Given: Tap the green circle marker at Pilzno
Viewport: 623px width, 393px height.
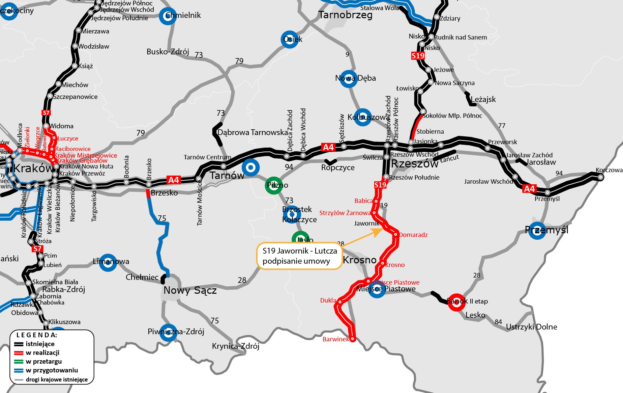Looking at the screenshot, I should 274,185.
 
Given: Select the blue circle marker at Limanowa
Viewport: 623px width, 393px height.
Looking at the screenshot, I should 108,262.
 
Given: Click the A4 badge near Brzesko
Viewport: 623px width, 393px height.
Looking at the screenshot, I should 174,180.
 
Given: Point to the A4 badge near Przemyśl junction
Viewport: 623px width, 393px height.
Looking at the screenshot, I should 529,189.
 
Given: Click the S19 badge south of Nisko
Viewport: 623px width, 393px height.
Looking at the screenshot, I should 418,56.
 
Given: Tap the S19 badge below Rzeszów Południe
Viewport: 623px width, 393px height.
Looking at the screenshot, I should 380,185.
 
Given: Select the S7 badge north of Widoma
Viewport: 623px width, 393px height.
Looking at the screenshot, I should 46,113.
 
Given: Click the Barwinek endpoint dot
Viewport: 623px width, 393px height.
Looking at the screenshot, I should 352,339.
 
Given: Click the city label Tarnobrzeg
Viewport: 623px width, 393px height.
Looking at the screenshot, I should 345,15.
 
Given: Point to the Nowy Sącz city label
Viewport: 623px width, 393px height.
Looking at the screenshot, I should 190,290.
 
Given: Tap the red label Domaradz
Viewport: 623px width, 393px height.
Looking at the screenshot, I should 413,235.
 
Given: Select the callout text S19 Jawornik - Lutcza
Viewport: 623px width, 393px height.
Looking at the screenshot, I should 299,251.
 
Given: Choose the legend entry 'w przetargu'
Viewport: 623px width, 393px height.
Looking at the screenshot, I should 43,362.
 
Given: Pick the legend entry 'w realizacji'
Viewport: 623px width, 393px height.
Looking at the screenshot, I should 42,353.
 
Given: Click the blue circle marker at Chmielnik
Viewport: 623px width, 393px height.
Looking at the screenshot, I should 168,16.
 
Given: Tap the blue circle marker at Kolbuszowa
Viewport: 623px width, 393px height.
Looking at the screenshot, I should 363,117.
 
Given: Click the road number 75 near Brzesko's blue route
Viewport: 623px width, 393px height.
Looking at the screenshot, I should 162,218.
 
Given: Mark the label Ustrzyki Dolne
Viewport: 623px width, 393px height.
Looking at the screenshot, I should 531,327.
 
